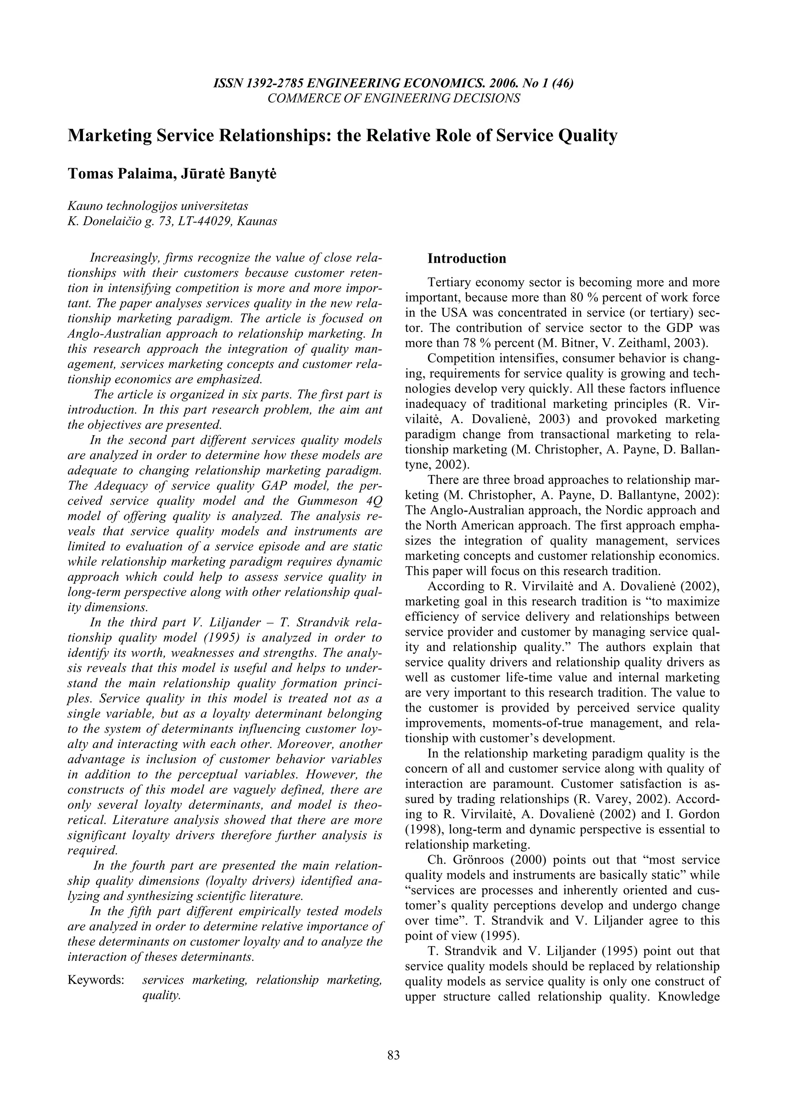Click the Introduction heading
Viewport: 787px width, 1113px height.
[467, 259]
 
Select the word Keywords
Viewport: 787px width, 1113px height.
[96, 980]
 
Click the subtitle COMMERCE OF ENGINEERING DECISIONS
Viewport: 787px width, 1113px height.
[394, 98]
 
